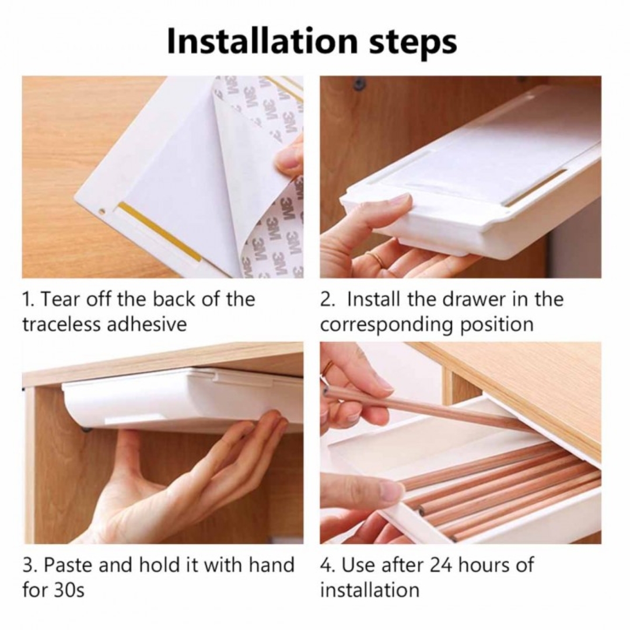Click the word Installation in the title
pos(262,41)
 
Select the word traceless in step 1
pos(61,324)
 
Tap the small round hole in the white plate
pos(101,210)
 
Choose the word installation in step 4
pos(370,590)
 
